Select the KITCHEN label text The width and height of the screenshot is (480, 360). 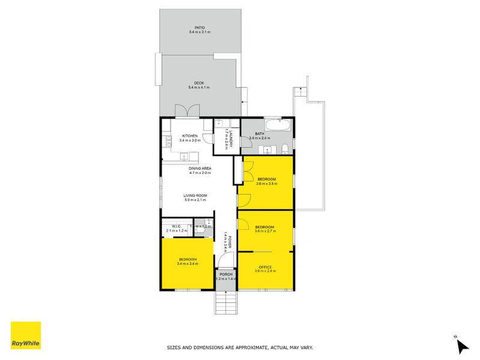(x=190, y=136)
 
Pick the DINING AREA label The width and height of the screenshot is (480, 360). (x=199, y=168)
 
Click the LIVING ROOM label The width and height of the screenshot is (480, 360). (x=195, y=195)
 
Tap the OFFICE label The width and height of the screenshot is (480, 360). (x=265, y=266)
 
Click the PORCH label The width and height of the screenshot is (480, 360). (x=226, y=274)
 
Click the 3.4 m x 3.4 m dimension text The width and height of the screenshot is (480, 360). (x=188, y=263)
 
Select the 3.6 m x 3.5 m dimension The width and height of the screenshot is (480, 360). (x=267, y=184)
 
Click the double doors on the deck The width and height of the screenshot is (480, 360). (x=186, y=112)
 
